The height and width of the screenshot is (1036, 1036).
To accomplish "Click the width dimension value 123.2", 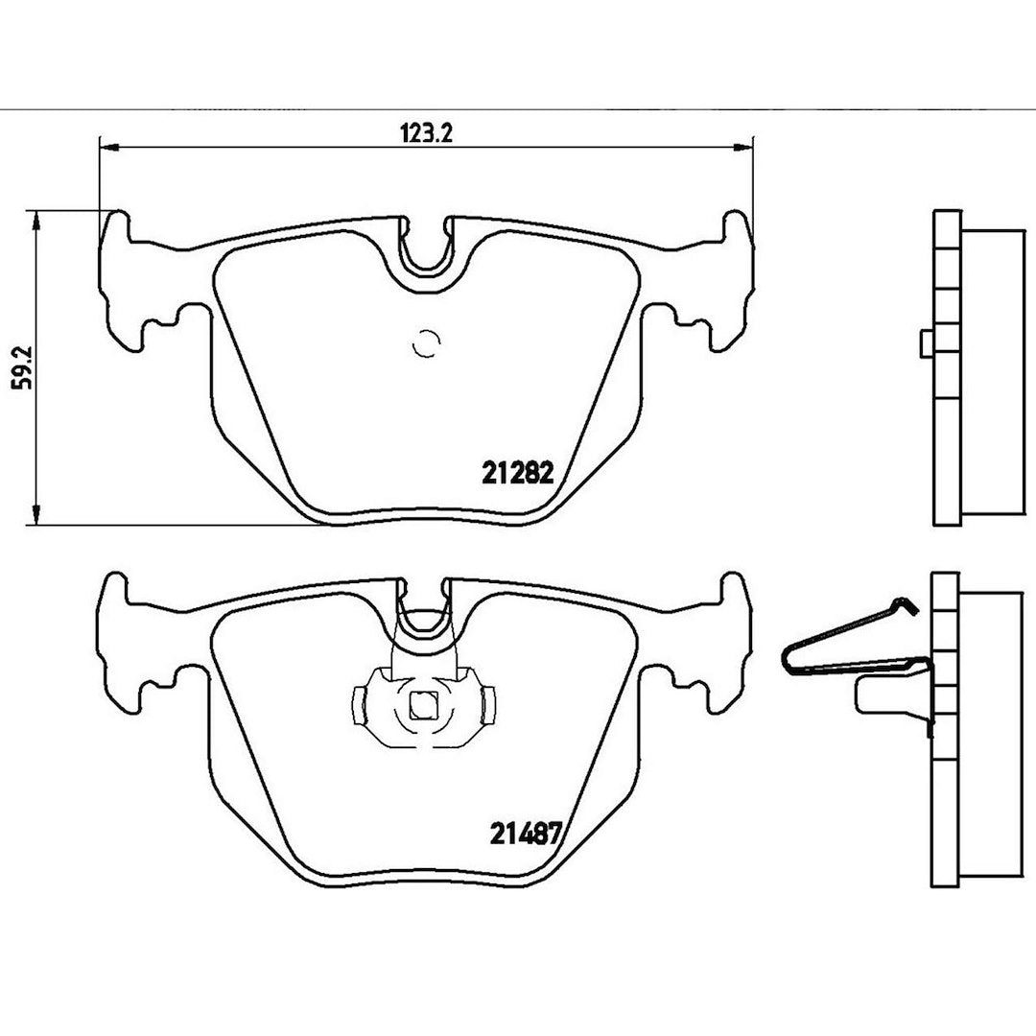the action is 426,133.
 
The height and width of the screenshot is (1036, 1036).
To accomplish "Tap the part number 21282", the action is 518,472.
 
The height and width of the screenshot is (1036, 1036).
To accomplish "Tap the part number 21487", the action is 526,834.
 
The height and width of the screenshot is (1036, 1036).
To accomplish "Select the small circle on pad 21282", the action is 426,343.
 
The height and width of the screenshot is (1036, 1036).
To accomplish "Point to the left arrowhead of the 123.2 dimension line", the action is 108,147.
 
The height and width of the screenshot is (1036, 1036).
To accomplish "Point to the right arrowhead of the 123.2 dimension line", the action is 743,147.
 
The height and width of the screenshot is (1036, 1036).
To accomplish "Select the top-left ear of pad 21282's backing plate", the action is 117,228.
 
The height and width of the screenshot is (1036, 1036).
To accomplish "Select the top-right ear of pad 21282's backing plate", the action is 736,228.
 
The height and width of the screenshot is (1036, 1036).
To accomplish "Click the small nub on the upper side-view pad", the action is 927,343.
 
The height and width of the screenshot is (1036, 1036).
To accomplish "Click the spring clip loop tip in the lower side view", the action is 788,657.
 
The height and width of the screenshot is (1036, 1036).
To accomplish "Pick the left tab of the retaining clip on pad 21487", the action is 360,705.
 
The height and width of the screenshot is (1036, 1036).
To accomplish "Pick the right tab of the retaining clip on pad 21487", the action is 488,705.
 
